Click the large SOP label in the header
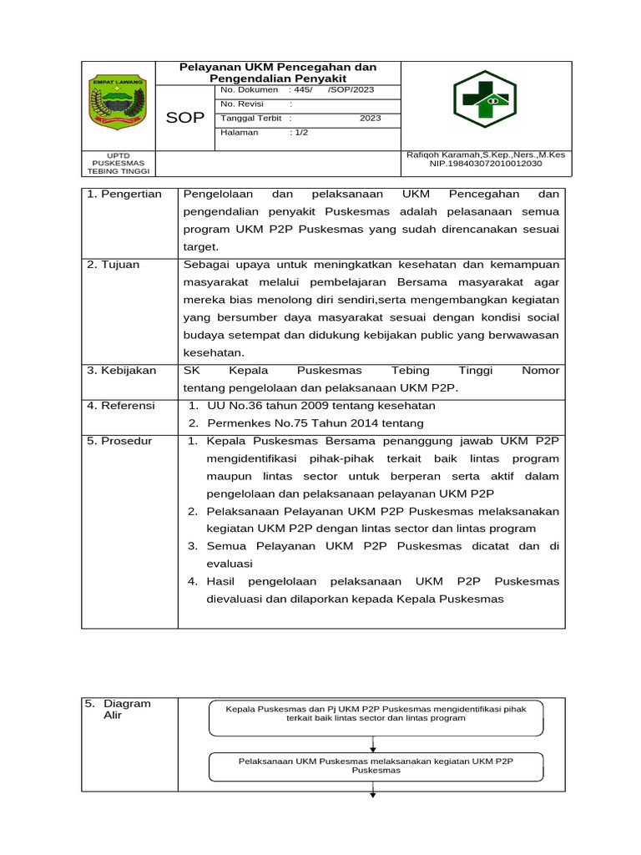pos(184,118)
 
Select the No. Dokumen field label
pos(249,89)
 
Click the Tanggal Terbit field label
pos(250,118)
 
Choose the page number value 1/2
pos(300,132)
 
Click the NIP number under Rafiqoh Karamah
pos(485,164)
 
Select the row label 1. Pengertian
pos(124,194)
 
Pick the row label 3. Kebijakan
pos(122,370)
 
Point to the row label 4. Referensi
pos(122,405)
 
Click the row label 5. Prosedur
pos(120,440)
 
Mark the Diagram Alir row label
pos(119,710)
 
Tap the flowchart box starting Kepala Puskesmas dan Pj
pos(376,717)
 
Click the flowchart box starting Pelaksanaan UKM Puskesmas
pos(376,766)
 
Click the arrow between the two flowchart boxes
pos(373,744)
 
